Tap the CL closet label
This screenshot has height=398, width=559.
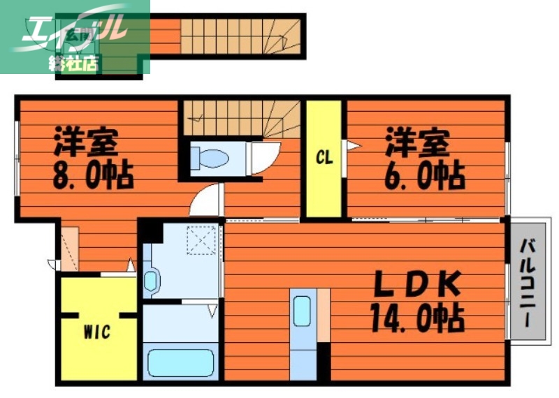pyautogui.click(x=324, y=158)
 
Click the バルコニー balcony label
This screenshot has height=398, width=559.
pyautogui.click(x=529, y=286)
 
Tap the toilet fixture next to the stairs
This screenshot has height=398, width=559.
pyautogui.click(x=210, y=158)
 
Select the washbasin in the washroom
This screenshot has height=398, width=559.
pyautogui.click(x=152, y=283)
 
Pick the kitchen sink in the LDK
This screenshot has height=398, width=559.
pyautogui.click(x=303, y=311)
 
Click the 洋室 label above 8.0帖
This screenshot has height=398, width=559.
pyautogui.click(x=87, y=144)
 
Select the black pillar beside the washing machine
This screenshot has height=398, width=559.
pyautogui.click(x=150, y=231)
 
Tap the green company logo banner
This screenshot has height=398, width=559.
pyautogui.click(x=75, y=36)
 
